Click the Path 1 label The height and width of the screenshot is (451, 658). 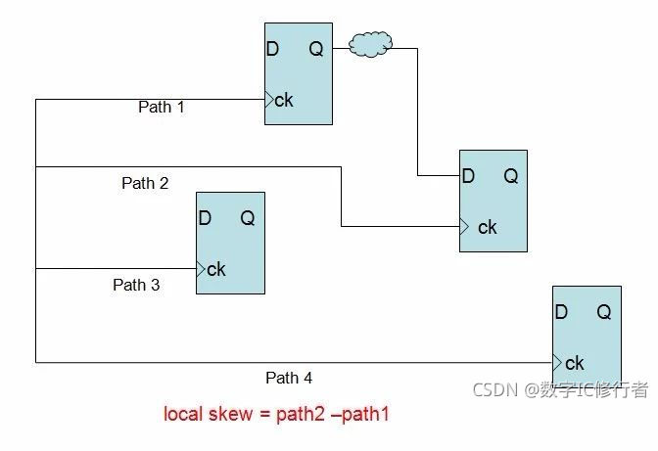pyautogui.click(x=162, y=108)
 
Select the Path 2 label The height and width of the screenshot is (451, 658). pyautogui.click(x=145, y=183)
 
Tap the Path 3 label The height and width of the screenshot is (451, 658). pyautogui.click(x=136, y=286)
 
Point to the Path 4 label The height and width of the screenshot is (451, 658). pyautogui.click(x=289, y=378)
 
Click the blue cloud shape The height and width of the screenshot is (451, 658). pyautogui.click(x=371, y=43)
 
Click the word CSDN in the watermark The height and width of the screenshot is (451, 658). pyautogui.click(x=494, y=390)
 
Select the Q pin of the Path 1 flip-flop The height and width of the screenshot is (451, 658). pyautogui.click(x=316, y=50)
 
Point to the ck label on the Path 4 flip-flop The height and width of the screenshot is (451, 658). pyautogui.click(x=575, y=363)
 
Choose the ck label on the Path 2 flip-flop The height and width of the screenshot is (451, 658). pyautogui.click(x=487, y=227)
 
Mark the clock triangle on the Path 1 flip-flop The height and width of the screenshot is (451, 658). pyautogui.click(x=268, y=99)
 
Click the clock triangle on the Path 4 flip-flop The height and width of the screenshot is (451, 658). pyautogui.click(x=557, y=362)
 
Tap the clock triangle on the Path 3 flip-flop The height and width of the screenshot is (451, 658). pyautogui.click(x=201, y=269)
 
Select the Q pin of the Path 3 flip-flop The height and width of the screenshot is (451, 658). pyautogui.click(x=248, y=219)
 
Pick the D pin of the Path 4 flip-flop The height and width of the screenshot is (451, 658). pyautogui.click(x=561, y=313)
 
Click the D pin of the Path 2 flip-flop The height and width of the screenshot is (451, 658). pyautogui.click(x=468, y=176)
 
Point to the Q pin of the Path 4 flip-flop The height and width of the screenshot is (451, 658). pyautogui.click(x=604, y=313)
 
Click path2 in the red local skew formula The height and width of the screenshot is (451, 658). pyautogui.click(x=304, y=414)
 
